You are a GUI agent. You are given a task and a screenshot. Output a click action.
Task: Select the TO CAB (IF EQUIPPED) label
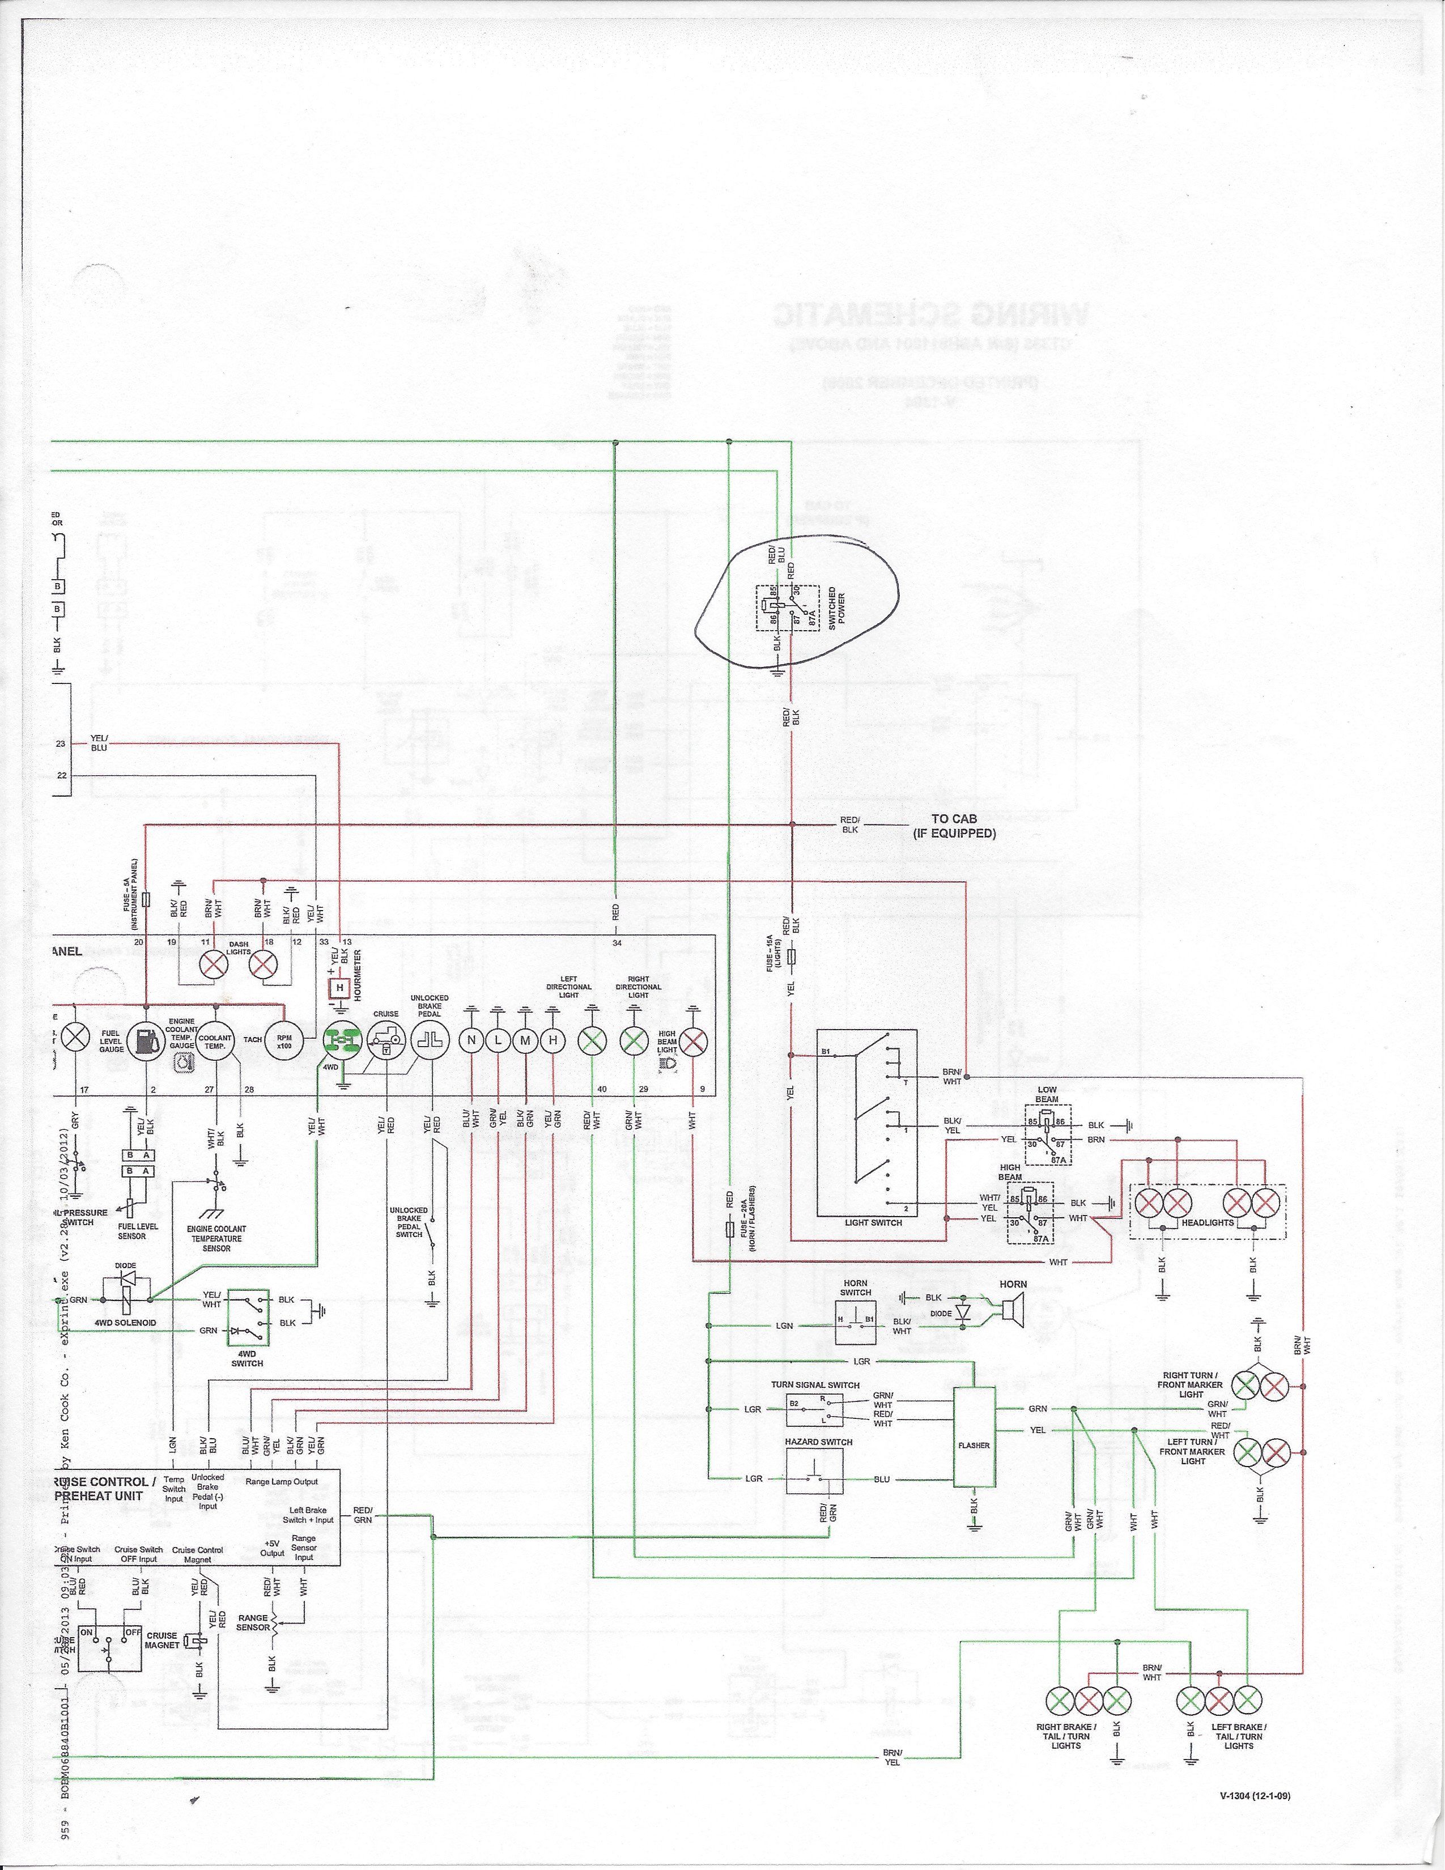pos(954,826)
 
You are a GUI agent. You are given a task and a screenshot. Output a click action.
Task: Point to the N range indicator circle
pos(471,1040)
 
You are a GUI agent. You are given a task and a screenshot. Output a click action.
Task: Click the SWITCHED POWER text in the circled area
pos(836,608)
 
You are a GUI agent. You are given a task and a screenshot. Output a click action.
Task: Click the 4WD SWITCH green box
pos(248,1314)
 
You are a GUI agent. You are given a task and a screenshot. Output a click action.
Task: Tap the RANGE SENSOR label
pos(253,1622)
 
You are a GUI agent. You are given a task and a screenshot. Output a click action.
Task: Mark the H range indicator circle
pos(554,1040)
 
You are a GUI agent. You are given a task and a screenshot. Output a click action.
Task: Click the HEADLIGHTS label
pos(1207,1223)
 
